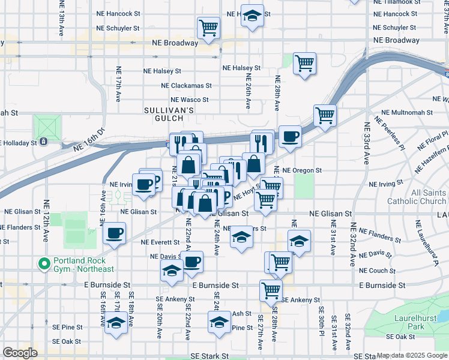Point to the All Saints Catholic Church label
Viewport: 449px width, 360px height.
pos(420,197)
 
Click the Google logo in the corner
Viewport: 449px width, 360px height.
pos(20,352)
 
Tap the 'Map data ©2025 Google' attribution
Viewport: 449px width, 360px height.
pos(412,355)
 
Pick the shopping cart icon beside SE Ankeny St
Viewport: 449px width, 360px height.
pos(271,290)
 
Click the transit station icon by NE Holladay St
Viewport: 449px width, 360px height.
pos(44,142)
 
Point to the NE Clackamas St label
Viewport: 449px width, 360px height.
pos(191,86)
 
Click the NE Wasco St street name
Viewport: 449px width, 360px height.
pos(189,100)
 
